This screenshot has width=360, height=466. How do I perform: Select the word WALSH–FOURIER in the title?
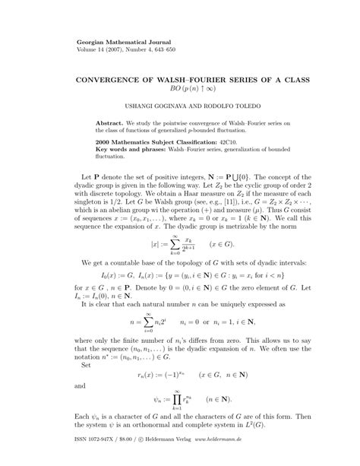click(x=200, y=78)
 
